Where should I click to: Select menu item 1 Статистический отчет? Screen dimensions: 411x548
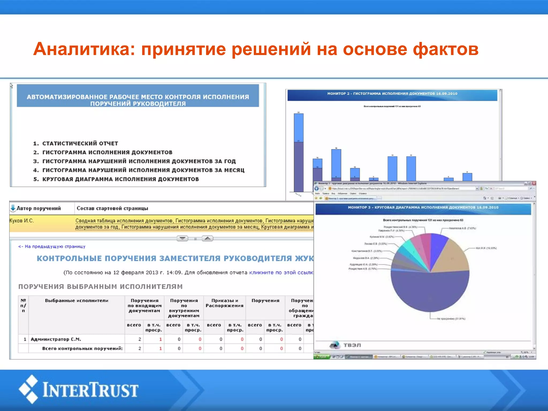[x=80, y=143]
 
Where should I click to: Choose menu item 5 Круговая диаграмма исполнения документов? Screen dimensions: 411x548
[x=120, y=179]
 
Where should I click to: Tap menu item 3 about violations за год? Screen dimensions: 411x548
[x=139, y=161]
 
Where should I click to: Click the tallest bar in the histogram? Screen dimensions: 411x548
[x=299, y=153]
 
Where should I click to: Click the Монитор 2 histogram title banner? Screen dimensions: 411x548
[x=392, y=94]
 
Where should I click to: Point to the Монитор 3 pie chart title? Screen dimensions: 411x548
[x=423, y=208]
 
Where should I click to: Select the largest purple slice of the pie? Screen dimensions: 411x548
[x=430, y=292]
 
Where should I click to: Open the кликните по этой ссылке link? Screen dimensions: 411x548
[x=281, y=273]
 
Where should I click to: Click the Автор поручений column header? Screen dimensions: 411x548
[x=39, y=208]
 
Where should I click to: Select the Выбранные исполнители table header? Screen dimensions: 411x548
[x=77, y=301]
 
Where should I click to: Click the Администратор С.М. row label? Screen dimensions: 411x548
[x=56, y=339]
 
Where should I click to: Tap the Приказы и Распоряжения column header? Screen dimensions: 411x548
[x=224, y=303]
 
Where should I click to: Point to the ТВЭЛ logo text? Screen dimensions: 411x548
[x=352, y=345]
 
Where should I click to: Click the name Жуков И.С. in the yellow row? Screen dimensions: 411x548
[x=21, y=221]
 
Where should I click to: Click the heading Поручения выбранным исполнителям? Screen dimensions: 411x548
[x=100, y=287]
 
